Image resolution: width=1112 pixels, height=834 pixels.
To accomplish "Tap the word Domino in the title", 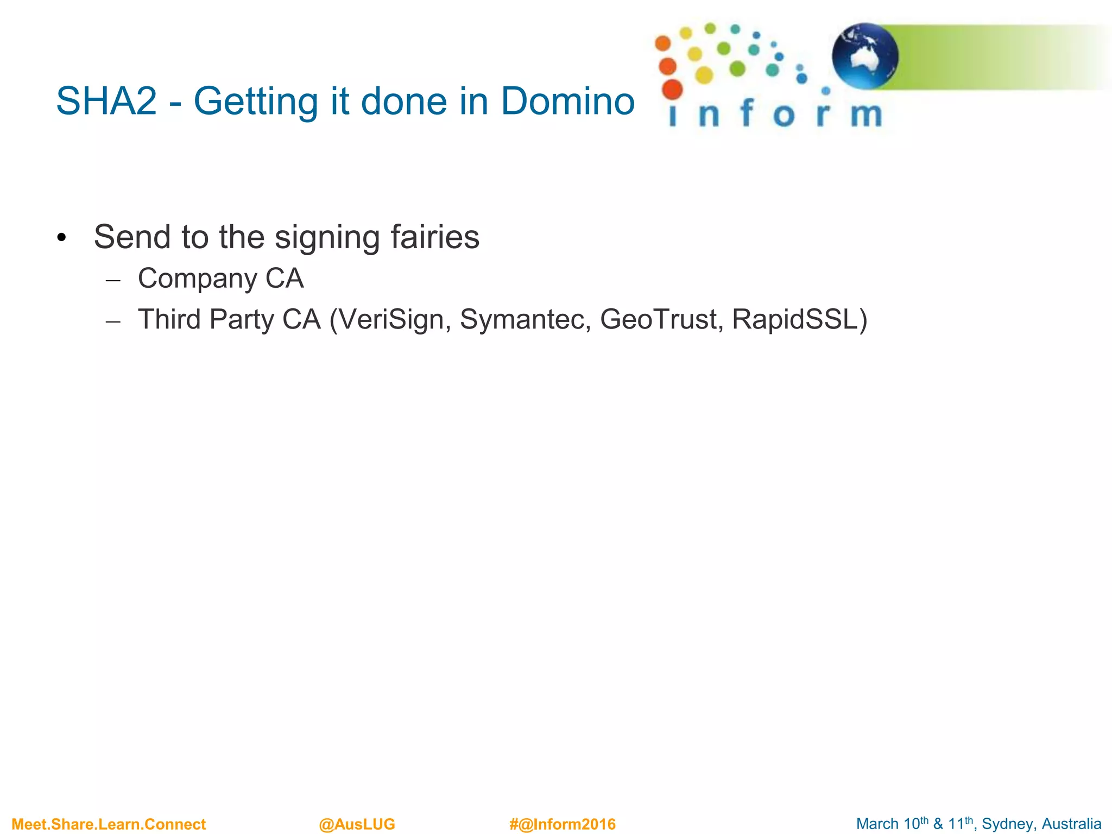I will (x=567, y=102).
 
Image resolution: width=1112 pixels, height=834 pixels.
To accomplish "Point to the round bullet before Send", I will (x=61, y=238).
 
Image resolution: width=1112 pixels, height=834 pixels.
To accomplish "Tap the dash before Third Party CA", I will (x=113, y=321).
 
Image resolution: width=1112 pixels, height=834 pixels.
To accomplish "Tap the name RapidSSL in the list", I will (x=795, y=319).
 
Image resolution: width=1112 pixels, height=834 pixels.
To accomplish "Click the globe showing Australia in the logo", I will (x=864, y=56).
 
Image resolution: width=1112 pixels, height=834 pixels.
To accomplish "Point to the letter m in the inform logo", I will (x=867, y=115).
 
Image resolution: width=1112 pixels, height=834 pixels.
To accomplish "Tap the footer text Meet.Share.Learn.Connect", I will (x=109, y=824).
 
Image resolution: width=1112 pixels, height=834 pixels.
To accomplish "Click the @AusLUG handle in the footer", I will (x=357, y=824).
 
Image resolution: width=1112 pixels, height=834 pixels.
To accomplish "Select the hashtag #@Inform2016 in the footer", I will (x=562, y=824).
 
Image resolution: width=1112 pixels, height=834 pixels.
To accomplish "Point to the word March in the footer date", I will (x=877, y=824).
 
